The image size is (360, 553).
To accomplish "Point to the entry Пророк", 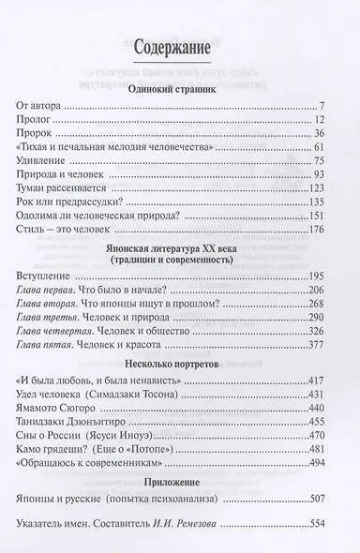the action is [x=38, y=138].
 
